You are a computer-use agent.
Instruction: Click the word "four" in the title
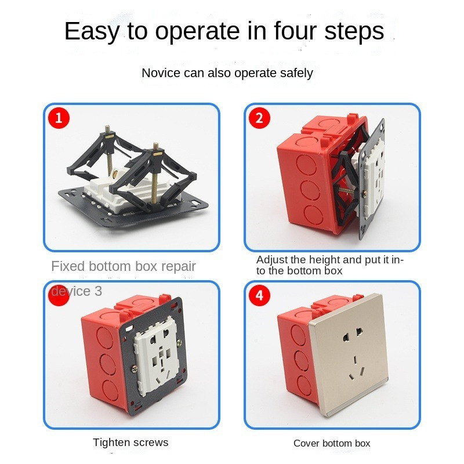click(x=295, y=31)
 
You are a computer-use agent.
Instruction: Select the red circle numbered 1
click(x=59, y=118)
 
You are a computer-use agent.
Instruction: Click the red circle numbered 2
click(x=259, y=118)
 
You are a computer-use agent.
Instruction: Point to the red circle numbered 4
click(x=259, y=295)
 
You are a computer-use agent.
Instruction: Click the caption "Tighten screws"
click(x=130, y=443)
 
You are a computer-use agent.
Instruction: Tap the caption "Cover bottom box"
click(x=332, y=443)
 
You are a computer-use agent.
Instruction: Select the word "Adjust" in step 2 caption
click(x=271, y=260)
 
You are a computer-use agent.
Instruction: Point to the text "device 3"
click(x=77, y=291)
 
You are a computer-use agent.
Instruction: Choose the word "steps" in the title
click(x=354, y=31)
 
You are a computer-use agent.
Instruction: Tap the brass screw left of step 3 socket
click(x=134, y=369)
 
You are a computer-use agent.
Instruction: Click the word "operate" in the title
click(x=197, y=32)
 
